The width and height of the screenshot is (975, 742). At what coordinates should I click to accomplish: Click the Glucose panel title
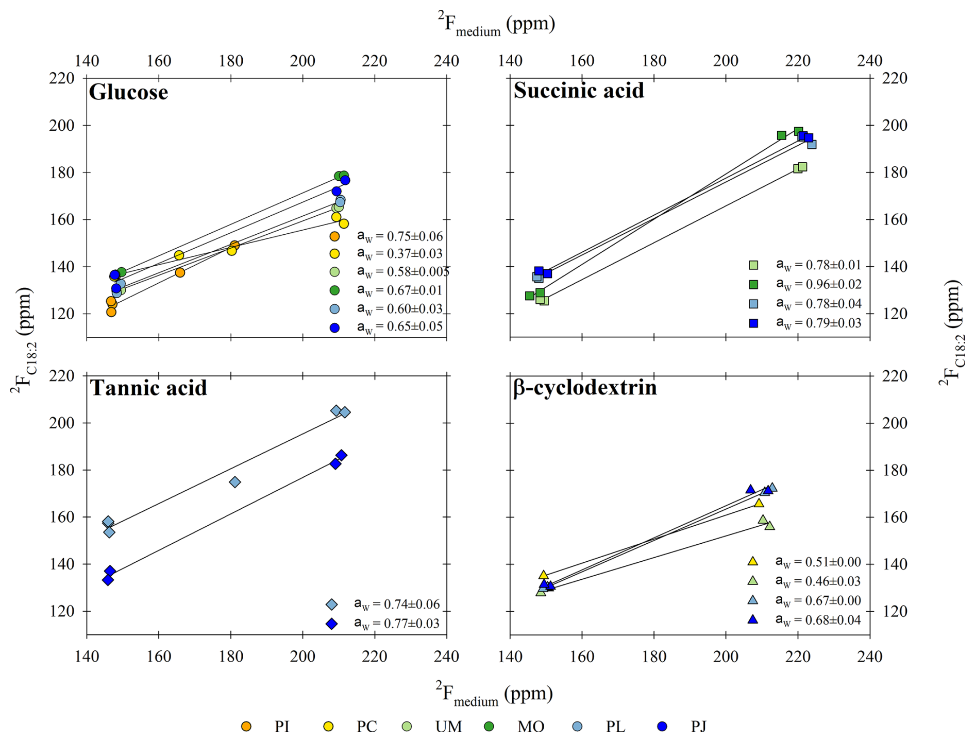(x=128, y=93)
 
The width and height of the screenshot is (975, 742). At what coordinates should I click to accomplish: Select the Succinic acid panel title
(x=578, y=91)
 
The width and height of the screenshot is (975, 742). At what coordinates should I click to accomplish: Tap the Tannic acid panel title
(x=148, y=388)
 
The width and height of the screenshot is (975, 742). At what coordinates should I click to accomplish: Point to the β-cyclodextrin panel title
(x=584, y=388)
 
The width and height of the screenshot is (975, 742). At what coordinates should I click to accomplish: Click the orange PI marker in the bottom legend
(x=246, y=727)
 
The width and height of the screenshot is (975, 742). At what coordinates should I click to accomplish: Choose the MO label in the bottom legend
(x=531, y=727)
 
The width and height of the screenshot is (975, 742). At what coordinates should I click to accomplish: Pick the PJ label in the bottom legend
(x=698, y=727)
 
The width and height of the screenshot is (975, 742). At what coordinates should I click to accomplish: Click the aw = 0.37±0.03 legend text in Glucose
(x=399, y=253)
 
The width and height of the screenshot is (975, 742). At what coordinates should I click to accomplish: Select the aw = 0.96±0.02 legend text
(x=818, y=284)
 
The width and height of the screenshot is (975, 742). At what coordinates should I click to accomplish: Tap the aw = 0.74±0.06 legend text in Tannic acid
(x=396, y=604)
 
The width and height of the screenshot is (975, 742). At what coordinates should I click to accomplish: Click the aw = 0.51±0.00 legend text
(x=818, y=562)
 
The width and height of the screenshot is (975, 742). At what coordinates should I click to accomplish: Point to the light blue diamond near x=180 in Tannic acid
(x=235, y=482)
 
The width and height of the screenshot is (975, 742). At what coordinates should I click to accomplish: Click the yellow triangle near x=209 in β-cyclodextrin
(x=759, y=503)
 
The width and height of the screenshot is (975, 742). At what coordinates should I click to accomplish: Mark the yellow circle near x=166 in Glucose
(x=179, y=255)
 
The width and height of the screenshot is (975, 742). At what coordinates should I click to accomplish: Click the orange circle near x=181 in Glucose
(x=234, y=245)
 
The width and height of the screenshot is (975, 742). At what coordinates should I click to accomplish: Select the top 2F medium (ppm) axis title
(x=496, y=24)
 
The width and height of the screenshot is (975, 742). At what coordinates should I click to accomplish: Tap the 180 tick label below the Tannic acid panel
(x=230, y=657)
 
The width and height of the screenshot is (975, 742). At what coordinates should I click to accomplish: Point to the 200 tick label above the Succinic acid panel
(x=726, y=61)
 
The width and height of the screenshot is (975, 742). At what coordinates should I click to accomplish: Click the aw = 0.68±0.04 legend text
(x=818, y=620)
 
